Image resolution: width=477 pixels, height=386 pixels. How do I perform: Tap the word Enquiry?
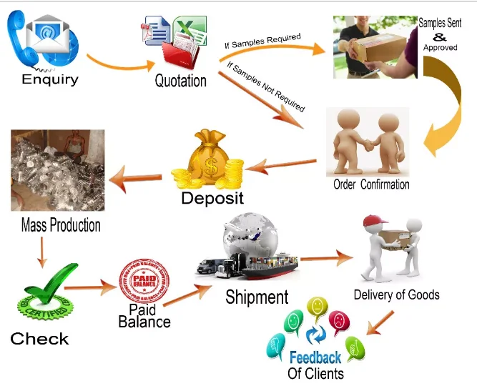click(49, 79)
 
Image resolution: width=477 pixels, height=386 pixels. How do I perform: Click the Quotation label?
click(180, 81)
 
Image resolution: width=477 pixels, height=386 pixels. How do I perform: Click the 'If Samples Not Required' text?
click(265, 87)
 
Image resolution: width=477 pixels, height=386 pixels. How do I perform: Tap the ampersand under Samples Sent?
click(440, 36)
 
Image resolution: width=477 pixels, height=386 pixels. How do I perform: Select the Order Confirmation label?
click(371, 184)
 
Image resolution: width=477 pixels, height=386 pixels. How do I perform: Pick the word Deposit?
click(212, 198)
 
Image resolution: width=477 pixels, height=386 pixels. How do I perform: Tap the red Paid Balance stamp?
click(145, 282)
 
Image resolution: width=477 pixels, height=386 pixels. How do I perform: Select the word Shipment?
click(257, 297)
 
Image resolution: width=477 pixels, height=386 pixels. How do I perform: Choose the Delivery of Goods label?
click(396, 295)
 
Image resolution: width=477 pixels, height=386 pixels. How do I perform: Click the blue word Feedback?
click(315, 357)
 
